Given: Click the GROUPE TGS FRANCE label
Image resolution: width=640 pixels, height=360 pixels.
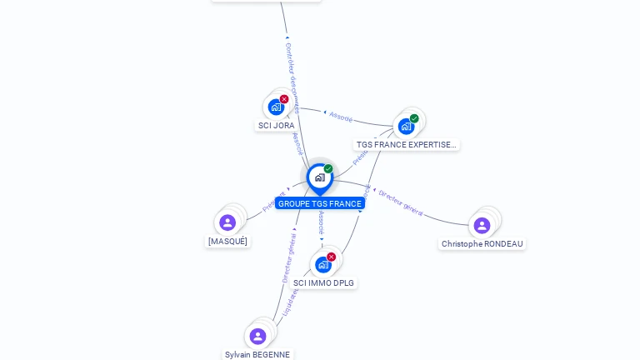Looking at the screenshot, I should coord(320,203).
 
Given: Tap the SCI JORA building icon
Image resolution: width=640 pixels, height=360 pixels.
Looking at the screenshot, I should coord(276,107).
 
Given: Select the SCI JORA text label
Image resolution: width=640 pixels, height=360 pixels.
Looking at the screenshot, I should coord(276,126).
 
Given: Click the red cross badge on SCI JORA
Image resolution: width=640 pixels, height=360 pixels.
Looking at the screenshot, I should coord(284,99).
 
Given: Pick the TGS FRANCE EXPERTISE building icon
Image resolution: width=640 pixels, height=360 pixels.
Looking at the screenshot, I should coord(406,127).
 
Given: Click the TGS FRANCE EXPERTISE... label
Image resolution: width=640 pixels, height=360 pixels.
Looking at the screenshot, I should coord(407,144).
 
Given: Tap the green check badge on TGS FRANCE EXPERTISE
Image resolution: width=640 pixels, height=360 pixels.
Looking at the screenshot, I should coord(414,118).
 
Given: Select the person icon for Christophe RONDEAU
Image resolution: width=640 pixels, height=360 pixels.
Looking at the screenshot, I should coord(482,225).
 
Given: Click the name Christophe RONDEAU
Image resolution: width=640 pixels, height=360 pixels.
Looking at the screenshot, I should coord(482,244).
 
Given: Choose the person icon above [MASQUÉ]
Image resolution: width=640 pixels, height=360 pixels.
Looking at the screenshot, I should coord(227,222).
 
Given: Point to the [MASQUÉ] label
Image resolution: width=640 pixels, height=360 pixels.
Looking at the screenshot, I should coord(227,242).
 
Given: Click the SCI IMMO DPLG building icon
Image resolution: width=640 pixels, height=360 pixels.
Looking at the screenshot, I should coord(323,265).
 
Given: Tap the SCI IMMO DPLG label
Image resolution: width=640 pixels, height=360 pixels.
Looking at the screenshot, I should coord(323,283).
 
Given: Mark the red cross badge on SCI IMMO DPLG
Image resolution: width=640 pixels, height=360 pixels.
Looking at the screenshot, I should coord(332,257).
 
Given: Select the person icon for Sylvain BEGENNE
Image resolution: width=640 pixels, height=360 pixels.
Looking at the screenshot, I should coord(257,336).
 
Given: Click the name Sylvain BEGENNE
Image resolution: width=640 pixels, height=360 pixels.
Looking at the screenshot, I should coord(257,354).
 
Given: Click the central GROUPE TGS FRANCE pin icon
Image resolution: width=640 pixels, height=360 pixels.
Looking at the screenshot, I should coord(319,177).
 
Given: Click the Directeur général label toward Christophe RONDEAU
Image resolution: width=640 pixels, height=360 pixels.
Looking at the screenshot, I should coord(401,202).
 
